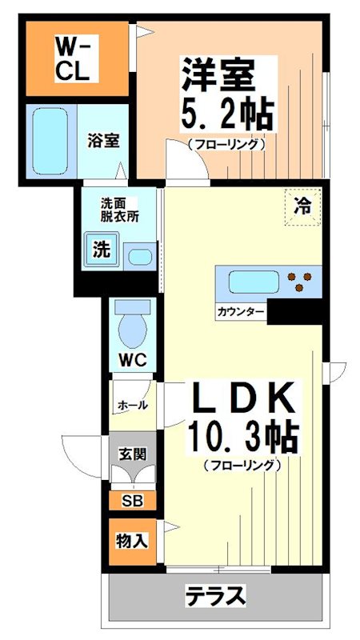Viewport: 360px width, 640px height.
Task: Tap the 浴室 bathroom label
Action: (x=103, y=142)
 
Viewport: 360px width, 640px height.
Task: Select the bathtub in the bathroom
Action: (x=50, y=141)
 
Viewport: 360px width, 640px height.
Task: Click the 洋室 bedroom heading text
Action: (x=218, y=77)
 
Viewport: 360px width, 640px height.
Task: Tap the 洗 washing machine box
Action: (x=100, y=250)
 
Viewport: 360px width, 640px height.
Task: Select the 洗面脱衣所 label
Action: (x=119, y=209)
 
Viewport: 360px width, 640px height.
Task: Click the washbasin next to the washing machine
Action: (x=139, y=257)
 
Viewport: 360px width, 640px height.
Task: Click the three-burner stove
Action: (x=302, y=282)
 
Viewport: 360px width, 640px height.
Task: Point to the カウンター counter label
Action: (x=240, y=311)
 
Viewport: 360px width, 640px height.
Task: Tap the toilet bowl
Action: (x=132, y=324)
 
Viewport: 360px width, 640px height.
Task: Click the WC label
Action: (x=132, y=359)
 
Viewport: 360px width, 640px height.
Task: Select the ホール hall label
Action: (x=132, y=405)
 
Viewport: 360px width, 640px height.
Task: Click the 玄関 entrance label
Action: (x=132, y=454)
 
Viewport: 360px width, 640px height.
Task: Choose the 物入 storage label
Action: (x=131, y=540)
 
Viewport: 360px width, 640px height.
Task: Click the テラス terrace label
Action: (x=214, y=596)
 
